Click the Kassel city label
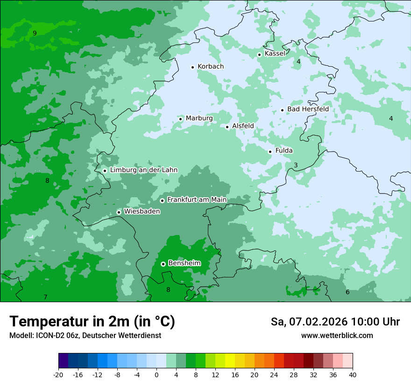coord(275,54)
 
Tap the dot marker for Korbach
coord(192,67)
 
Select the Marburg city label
coord(199,118)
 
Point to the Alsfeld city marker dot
coord(227,127)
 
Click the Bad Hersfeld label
coord(308,109)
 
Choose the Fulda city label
coord(284,151)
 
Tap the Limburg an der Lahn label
coord(143,170)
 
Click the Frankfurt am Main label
coord(197,200)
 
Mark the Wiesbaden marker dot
coord(119,212)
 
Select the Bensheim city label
coord(184,263)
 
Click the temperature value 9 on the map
coord(35,33)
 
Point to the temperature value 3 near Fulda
coord(296,166)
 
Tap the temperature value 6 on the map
coord(347,292)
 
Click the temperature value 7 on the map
coord(45,297)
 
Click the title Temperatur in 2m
coord(92,322)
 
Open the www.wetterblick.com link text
coord(337,336)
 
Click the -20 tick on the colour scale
coord(58,375)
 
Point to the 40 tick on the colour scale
coord(352,375)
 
